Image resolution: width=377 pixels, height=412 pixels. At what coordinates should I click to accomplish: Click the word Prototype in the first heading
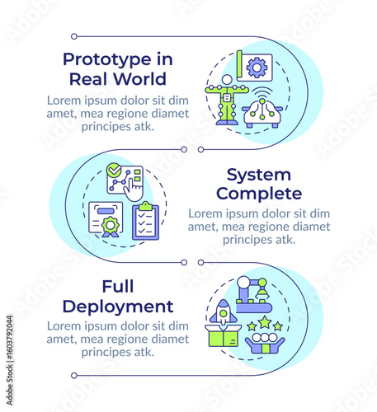107,60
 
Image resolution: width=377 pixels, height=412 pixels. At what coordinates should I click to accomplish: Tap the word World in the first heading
140,79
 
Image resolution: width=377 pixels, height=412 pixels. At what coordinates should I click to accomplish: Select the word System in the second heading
259,175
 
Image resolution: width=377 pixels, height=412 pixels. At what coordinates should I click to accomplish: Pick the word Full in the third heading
118,287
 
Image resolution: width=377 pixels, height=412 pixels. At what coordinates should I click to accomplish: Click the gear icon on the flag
257,68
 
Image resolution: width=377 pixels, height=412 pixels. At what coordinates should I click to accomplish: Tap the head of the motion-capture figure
227,80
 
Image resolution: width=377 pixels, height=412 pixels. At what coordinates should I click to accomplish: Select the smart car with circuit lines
262,114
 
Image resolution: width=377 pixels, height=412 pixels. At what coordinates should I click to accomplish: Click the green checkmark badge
114,170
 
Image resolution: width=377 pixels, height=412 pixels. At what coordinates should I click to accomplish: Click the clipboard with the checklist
146,221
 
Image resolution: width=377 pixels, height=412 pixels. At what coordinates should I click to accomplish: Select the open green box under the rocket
224,335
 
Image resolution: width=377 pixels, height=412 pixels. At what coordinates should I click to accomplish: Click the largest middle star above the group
265,322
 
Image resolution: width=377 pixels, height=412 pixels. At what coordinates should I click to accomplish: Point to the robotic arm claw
262,295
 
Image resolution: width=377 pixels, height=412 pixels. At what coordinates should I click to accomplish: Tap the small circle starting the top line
74,36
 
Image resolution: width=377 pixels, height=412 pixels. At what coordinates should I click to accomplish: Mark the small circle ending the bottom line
74,376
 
